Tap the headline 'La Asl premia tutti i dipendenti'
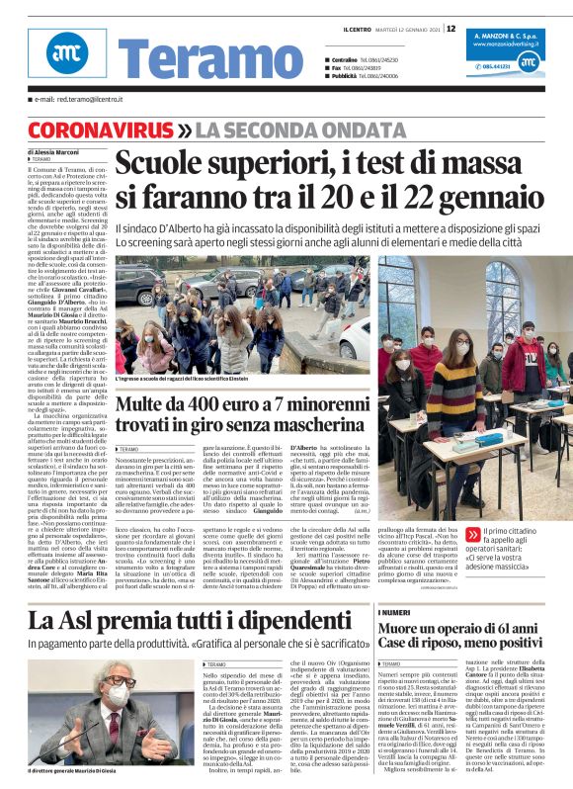point(183,594)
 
